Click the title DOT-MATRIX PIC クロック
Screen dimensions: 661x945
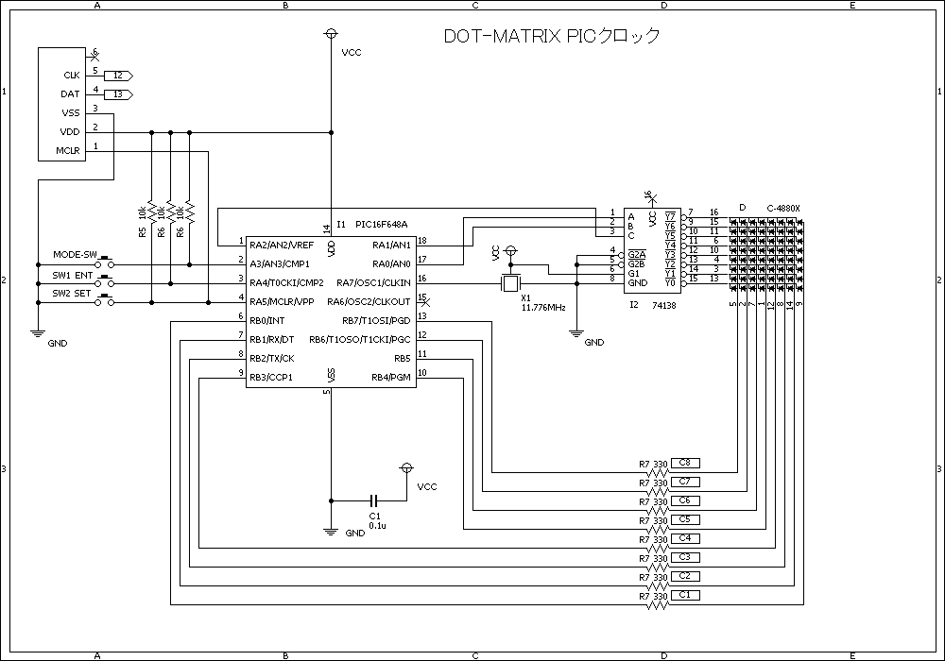pos(552,37)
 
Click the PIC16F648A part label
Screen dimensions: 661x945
pos(382,225)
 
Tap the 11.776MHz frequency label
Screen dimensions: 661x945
pos(543,308)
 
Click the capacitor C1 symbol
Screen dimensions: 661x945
pos(374,500)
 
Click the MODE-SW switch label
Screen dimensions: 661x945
pos(76,255)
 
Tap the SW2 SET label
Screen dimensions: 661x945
pos(72,293)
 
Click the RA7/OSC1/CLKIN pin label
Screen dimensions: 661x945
pos(373,282)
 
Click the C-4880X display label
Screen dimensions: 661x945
pos(783,209)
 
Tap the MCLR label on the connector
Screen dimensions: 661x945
pos(68,150)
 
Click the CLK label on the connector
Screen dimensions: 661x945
pos(71,75)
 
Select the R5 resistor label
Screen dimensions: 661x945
pos(142,231)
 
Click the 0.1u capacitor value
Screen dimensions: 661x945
pos(376,525)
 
